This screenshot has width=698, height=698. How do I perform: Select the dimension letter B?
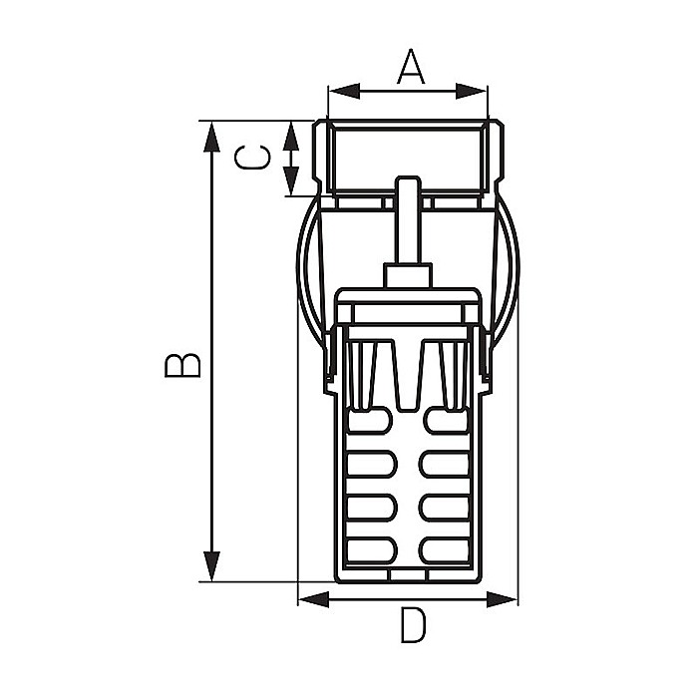click(183, 364)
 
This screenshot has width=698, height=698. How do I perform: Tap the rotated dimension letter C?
click(250, 158)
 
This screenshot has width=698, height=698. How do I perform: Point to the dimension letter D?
click(412, 627)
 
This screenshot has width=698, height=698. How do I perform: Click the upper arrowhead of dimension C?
click(291, 130)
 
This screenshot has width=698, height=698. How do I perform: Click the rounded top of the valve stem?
click(408, 183)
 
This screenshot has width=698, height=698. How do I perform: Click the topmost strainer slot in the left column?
click(371, 423)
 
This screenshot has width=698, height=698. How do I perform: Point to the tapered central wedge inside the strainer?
click(408, 379)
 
